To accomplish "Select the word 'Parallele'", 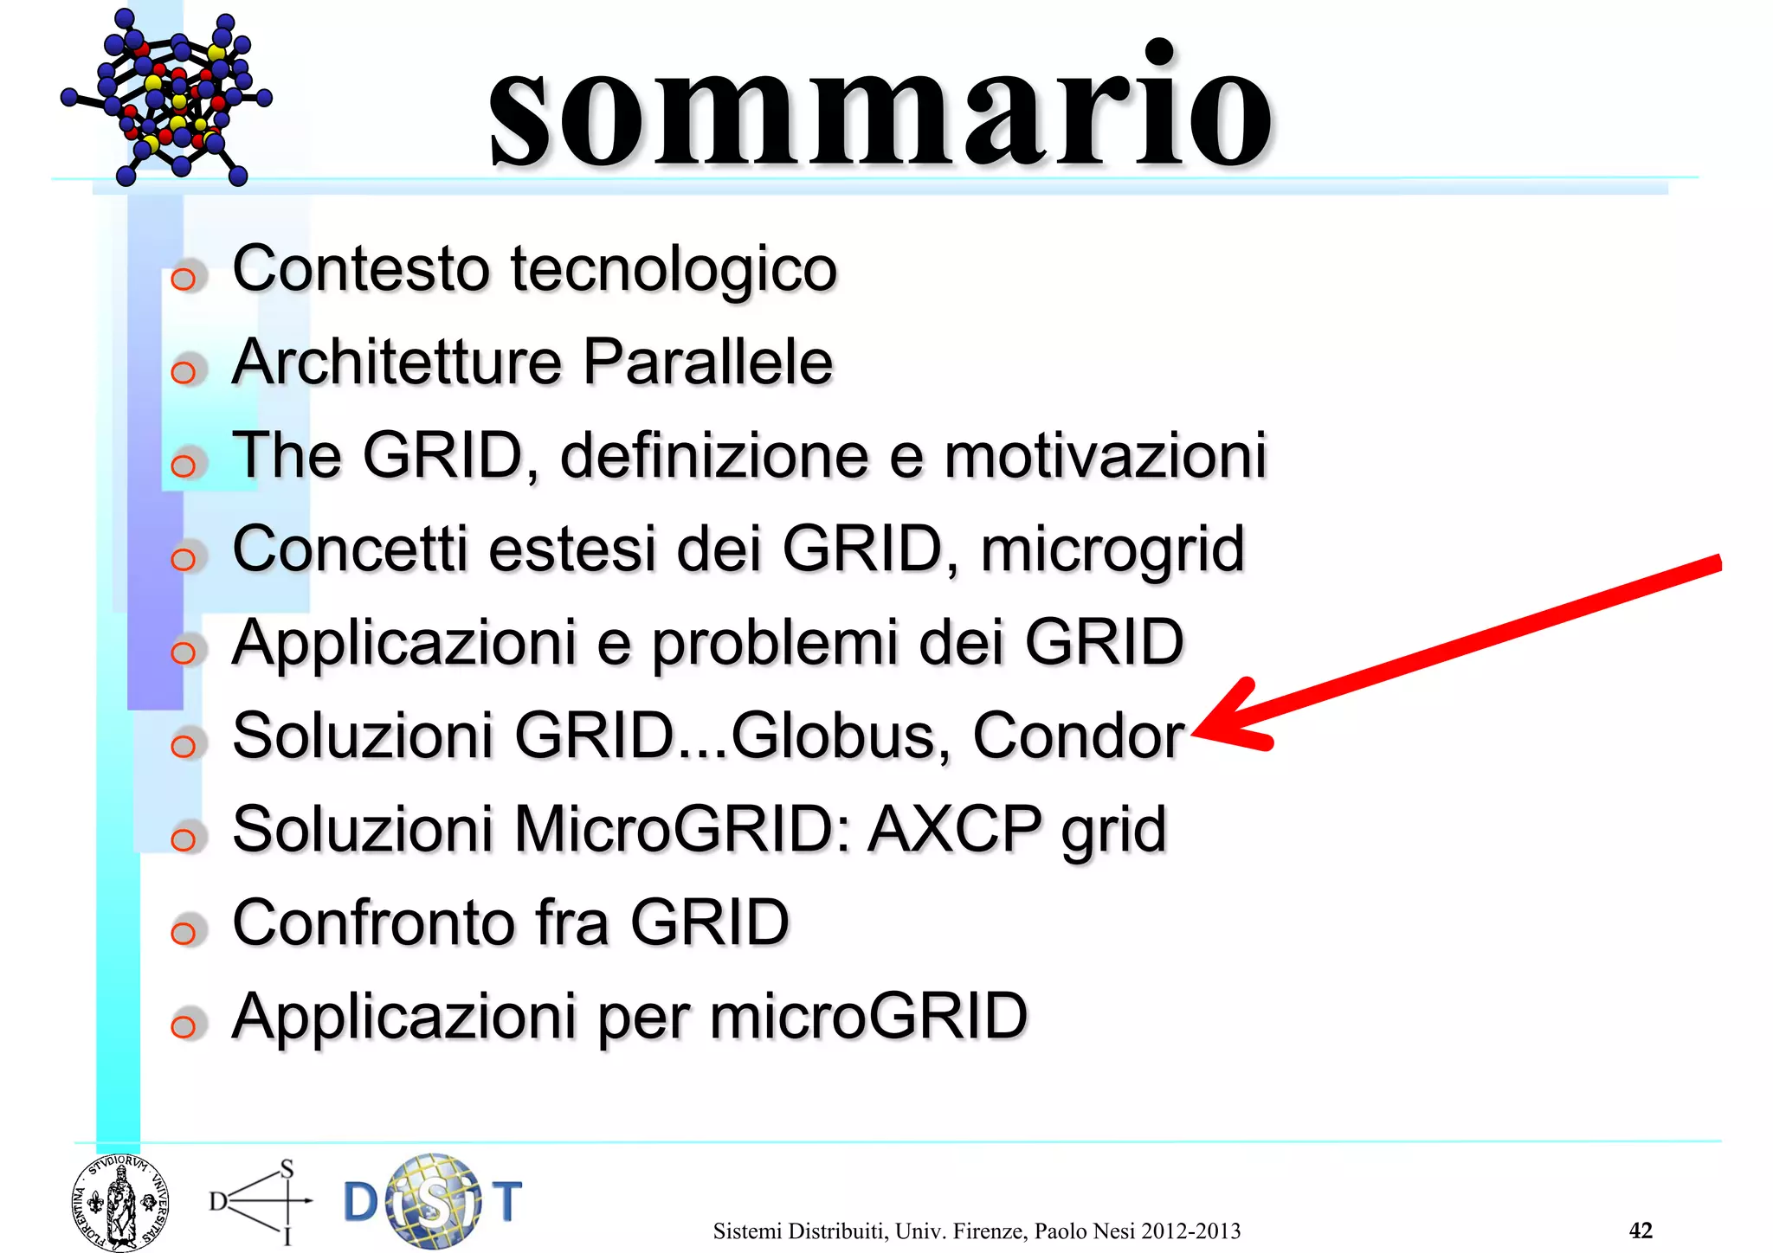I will (x=707, y=362).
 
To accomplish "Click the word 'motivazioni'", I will (x=1105, y=456).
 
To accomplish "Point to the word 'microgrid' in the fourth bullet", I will (x=1112, y=550).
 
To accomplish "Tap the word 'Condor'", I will (x=1078, y=736).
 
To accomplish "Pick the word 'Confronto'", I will (x=375, y=922).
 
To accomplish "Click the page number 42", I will (x=1641, y=1230).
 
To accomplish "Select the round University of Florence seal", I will (x=119, y=1202).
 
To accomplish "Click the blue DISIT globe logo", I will (x=433, y=1201).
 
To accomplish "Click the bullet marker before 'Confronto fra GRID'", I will (x=184, y=933).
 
